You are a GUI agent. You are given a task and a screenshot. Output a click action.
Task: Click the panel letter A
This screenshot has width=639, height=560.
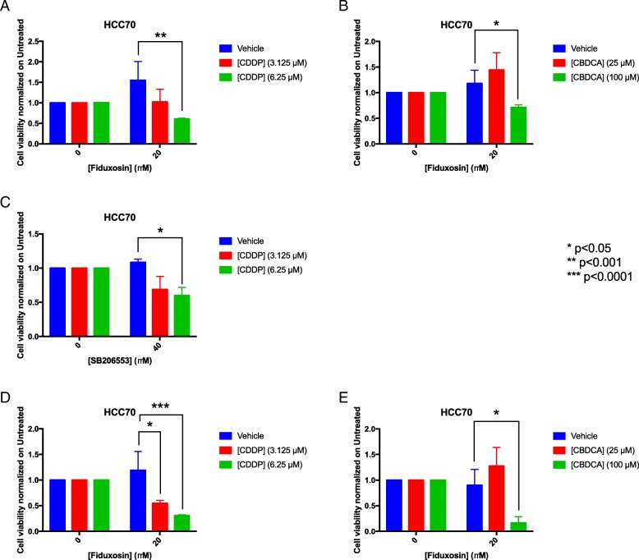tap(7, 7)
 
